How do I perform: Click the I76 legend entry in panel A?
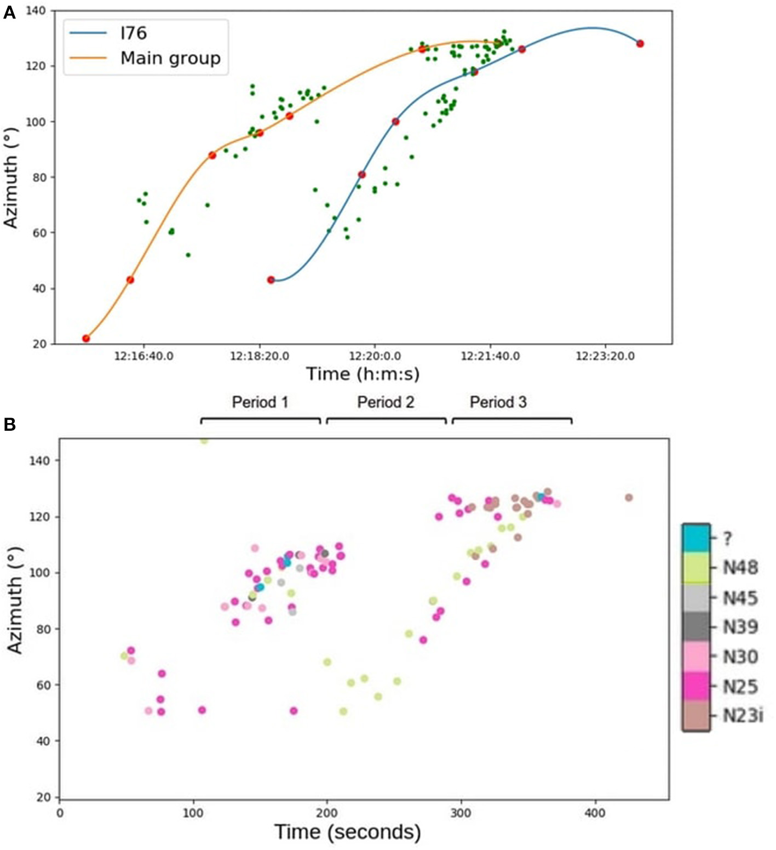(x=133, y=33)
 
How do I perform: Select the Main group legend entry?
(x=170, y=58)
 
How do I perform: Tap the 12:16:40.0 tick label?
(x=143, y=356)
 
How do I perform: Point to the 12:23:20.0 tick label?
(x=605, y=356)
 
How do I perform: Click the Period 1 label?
(x=260, y=402)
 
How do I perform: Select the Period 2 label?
(x=386, y=402)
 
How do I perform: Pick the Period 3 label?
(x=498, y=402)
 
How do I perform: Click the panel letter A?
(x=9, y=13)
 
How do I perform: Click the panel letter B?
(x=9, y=425)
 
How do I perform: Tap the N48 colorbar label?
(x=740, y=568)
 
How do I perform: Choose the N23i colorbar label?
(x=743, y=716)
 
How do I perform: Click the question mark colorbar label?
(x=727, y=539)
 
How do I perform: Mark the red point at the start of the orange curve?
(x=86, y=339)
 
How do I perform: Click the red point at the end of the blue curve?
(x=640, y=44)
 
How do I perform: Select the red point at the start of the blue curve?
(x=271, y=280)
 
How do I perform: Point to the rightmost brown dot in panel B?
(x=629, y=498)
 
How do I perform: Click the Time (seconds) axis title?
(x=347, y=832)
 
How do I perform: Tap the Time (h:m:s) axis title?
(x=363, y=374)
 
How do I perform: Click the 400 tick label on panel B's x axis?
(x=595, y=813)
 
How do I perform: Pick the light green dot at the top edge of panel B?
(x=204, y=440)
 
